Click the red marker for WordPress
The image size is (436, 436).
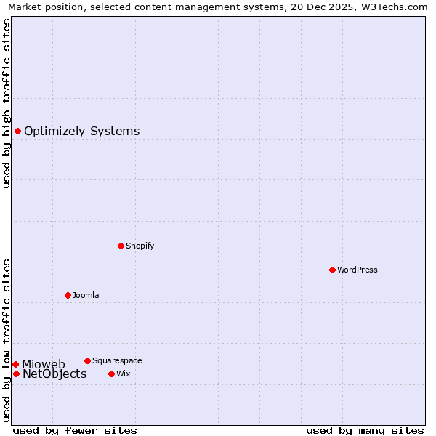pos(332,270)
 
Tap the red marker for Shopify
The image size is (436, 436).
pos(121,246)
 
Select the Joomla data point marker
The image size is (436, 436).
pos(68,295)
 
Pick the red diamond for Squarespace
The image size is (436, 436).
pos(87,360)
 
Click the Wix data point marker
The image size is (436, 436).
pos(111,374)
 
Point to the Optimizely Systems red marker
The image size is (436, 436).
pos(17,131)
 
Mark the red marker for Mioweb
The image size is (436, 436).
pos(15,364)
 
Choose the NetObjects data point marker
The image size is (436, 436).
pos(16,374)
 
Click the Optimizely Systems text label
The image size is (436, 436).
pos(81,132)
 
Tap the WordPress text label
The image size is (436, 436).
pos(357,270)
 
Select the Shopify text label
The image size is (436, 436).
pos(140,246)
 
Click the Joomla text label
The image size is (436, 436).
pos(86,295)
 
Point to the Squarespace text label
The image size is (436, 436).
pos(117,360)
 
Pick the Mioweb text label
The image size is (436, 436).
pos(44,364)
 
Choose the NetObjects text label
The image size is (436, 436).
pos(54,374)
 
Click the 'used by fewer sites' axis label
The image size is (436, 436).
pos(75,430)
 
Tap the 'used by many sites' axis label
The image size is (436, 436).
pos(365,430)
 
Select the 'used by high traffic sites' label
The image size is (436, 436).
pos(7,103)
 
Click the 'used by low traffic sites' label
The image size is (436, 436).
pos(7,340)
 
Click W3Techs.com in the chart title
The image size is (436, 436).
pos(392,7)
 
